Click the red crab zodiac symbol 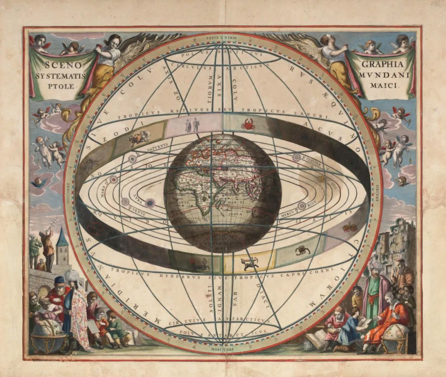point(248,124)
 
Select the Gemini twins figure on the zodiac point(192,124)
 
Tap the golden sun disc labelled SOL point(321,179)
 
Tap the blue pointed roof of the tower point(62,237)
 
